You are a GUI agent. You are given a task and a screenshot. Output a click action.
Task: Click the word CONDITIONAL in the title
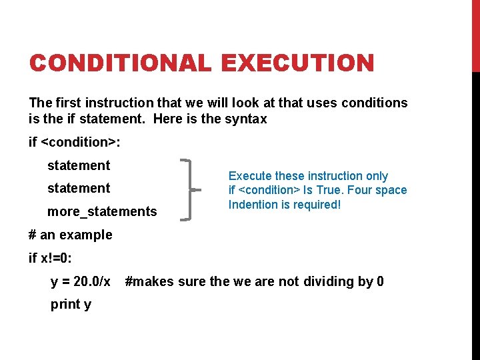[x=121, y=64]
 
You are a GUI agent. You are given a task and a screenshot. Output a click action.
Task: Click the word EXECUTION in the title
[x=298, y=64]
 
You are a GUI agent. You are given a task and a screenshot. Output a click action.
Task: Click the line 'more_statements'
[x=102, y=212]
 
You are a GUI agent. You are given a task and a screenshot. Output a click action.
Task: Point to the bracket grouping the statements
[x=189, y=189]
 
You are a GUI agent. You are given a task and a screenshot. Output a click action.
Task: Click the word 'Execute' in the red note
[x=250, y=176]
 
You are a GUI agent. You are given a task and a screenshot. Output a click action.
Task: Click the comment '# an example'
[x=71, y=235]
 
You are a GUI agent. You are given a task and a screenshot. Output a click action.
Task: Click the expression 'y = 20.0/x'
[x=81, y=281]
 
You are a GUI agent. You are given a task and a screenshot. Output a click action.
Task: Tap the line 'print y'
[x=71, y=305]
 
